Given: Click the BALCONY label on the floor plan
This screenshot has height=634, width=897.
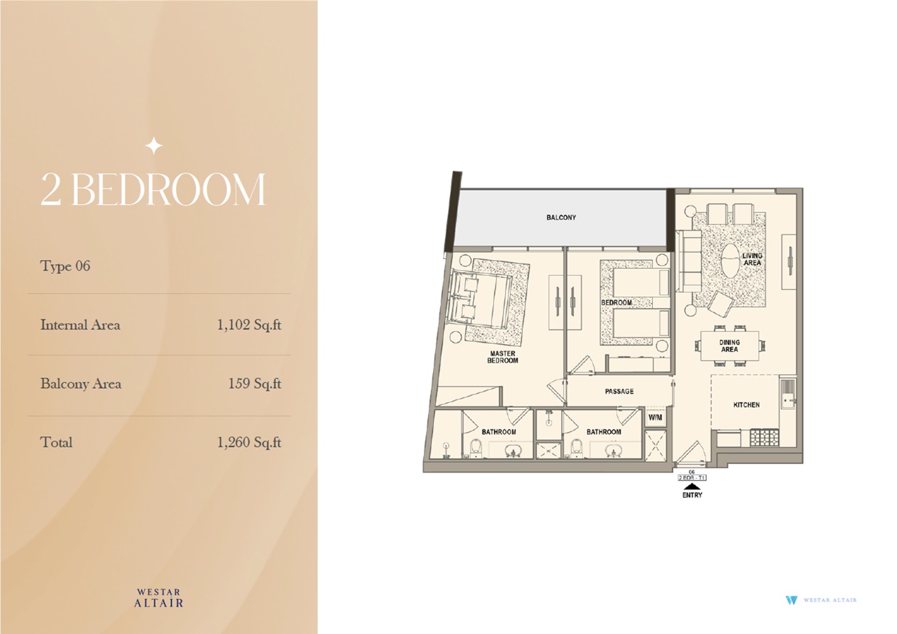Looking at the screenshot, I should point(561,217).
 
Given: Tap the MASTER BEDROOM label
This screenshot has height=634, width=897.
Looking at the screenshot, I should point(502,357).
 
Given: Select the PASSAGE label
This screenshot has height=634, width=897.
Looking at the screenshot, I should point(619,391).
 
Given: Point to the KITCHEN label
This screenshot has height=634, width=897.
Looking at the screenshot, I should point(746,404).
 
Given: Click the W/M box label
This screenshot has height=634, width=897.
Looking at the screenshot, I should point(655,418).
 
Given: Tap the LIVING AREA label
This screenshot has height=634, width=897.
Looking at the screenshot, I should point(752,259).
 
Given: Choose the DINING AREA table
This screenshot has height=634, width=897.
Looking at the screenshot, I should point(729,346).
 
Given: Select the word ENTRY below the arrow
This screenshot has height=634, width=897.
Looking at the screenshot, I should point(692,495).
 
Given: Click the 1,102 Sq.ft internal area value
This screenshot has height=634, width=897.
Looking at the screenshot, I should point(248,325).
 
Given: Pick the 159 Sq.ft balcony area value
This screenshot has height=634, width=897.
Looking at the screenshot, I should point(254,384).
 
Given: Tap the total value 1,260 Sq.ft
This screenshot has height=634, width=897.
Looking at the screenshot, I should point(248,443).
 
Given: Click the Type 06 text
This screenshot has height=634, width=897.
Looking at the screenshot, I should point(65,266).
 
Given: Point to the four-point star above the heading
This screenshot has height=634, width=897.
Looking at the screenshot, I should point(153,146).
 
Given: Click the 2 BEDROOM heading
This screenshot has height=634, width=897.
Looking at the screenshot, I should point(153,189).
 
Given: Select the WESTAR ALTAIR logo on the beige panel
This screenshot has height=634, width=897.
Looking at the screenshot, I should point(158,598).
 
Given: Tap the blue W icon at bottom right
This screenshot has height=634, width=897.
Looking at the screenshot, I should point(791,600).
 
